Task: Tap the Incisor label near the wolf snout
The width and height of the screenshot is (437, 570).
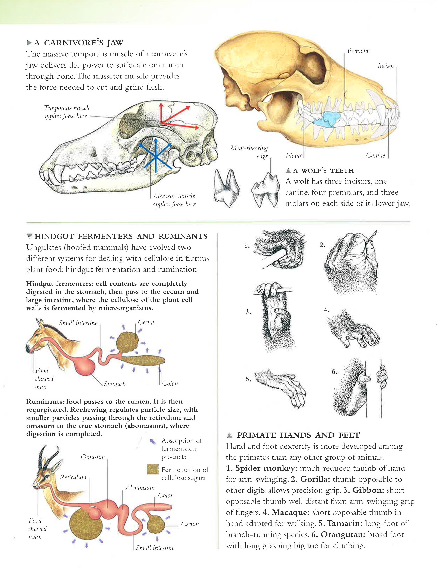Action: click(386, 66)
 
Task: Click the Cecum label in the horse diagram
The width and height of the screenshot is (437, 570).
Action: click(147, 322)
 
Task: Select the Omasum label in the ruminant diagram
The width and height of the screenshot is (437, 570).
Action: click(93, 457)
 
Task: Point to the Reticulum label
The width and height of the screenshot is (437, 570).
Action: click(73, 477)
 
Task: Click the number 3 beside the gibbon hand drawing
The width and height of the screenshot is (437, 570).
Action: click(248, 312)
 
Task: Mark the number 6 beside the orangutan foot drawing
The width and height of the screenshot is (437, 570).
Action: click(334, 372)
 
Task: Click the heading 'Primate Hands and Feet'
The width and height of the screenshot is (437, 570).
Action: click(298, 435)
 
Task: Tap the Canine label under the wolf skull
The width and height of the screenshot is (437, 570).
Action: click(375, 155)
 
